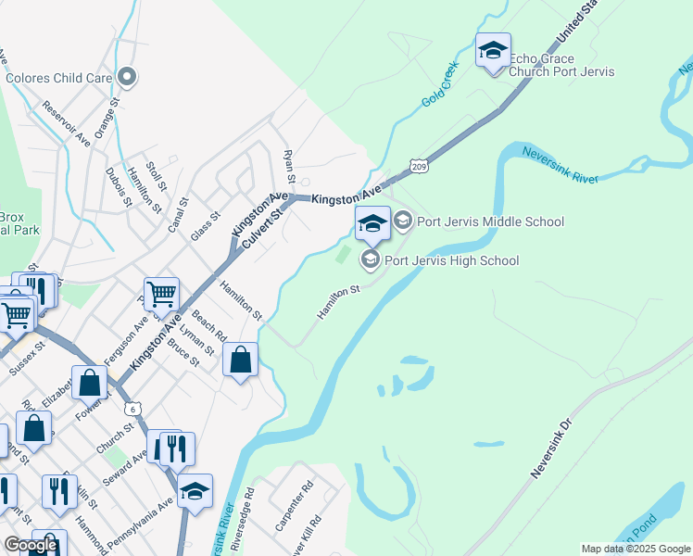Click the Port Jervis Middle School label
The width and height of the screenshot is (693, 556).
point(490,221)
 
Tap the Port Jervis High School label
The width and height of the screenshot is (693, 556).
point(452,260)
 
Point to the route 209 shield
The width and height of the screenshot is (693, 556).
point(418,164)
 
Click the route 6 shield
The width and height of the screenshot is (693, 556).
point(135,409)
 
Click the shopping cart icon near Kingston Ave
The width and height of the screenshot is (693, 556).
point(161,295)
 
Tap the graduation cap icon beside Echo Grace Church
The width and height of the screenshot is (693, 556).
point(493,49)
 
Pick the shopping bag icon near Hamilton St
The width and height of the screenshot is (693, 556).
point(241,359)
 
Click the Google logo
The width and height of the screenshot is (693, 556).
point(31,545)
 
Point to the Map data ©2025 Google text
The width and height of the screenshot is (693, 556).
point(636,549)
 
